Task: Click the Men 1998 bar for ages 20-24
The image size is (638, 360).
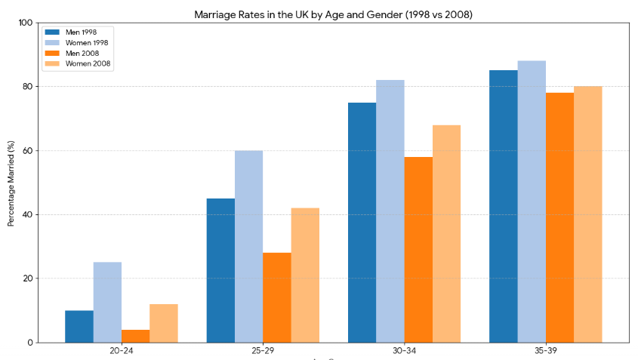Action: click(79, 326)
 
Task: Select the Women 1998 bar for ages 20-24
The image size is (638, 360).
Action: click(107, 302)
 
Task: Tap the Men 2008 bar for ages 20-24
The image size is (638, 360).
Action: click(135, 336)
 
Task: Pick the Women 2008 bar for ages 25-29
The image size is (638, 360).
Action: click(305, 275)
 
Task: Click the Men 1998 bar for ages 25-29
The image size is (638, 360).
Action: click(220, 270)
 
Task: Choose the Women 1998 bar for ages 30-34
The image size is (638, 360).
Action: click(390, 211)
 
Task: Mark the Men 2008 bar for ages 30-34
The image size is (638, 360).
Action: click(418, 249)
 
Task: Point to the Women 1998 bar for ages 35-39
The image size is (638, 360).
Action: click(532, 202)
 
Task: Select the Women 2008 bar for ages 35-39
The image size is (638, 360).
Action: click(588, 214)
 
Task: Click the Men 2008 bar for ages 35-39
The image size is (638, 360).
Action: click(559, 217)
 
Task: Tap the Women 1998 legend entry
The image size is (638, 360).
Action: click(76, 43)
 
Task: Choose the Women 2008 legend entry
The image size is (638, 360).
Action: click(76, 64)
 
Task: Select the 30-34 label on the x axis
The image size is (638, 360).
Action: click(404, 351)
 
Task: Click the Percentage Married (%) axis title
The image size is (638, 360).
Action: click(11, 183)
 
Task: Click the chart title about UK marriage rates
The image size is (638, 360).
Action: click(333, 14)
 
